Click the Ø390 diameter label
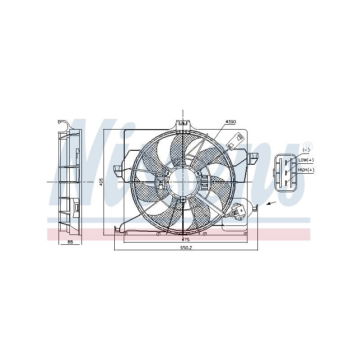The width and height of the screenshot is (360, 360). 231,122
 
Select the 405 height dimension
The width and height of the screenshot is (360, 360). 102,182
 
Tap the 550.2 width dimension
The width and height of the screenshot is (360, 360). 186,247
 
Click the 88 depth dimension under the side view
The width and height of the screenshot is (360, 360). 70,242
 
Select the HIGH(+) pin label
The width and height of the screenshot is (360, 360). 306,170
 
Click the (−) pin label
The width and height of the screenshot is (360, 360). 306,150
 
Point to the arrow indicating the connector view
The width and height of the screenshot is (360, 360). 271,204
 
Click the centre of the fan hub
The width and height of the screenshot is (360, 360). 183,181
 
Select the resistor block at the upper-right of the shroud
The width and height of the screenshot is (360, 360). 234,141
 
